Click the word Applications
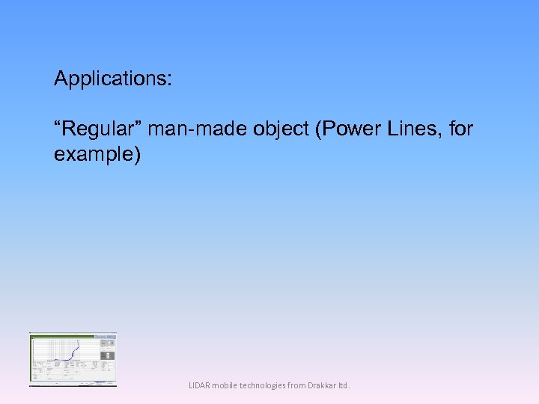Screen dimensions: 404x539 point(111,79)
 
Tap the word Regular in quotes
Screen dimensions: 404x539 point(98,129)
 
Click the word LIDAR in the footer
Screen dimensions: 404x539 point(200,386)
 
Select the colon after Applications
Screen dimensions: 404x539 point(169,79)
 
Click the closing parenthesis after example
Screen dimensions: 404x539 point(136,155)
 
